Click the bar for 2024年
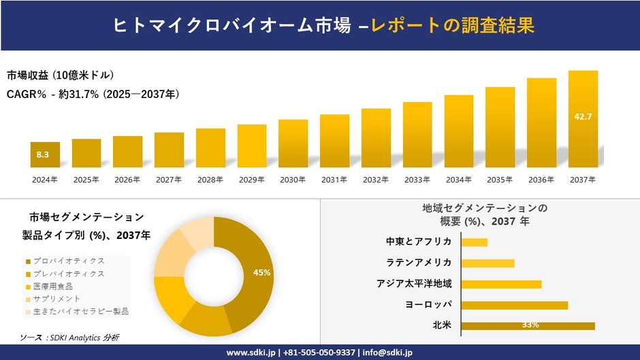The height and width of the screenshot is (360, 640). (45, 154)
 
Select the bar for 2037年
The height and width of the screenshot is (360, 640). (583, 119)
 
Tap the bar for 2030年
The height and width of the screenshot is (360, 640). (293, 144)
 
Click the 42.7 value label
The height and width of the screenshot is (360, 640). (583, 117)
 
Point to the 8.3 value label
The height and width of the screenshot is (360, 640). (42, 155)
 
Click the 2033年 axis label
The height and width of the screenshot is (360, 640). (417, 180)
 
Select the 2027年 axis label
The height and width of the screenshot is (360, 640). (169, 180)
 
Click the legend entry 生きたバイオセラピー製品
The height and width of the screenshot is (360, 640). (78, 311)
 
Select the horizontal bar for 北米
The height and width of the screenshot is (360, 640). (528, 325)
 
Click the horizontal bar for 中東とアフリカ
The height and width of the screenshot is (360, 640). (474, 242)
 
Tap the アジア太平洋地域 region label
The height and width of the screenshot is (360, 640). (414, 284)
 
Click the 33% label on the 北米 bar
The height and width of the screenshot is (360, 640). (530, 325)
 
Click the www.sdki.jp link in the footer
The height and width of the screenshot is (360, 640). (250, 353)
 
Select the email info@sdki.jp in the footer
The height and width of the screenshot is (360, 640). (387, 353)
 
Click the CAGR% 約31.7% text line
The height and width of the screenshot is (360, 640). (93, 94)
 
